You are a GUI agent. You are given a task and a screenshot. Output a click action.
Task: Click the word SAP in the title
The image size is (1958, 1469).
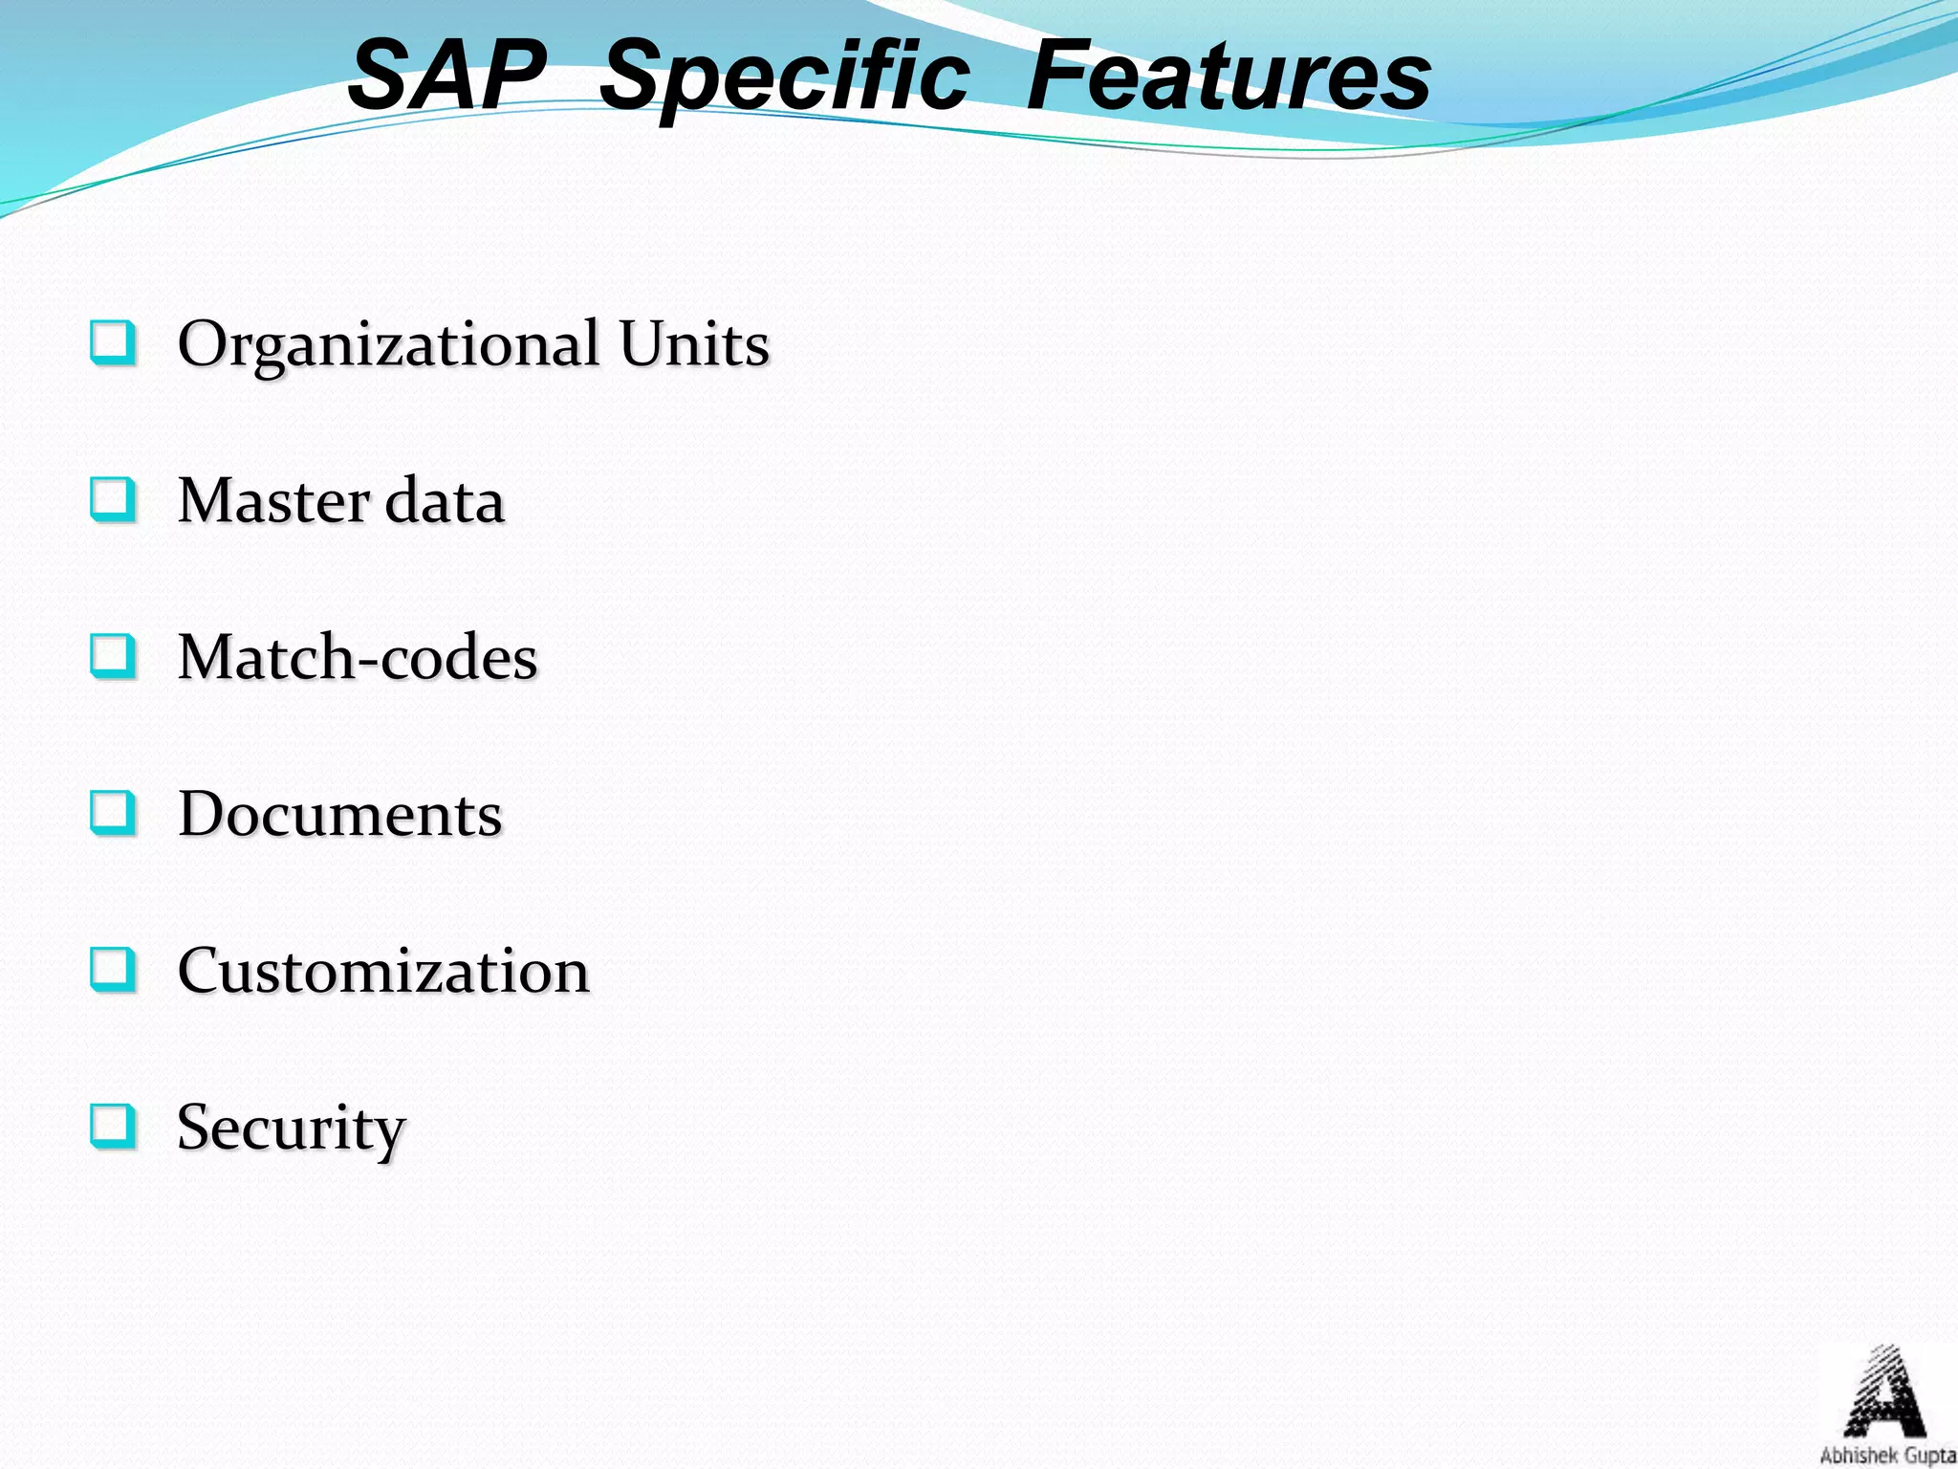tap(446, 77)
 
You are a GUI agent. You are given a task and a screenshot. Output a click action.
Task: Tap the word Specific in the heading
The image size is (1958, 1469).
tap(784, 78)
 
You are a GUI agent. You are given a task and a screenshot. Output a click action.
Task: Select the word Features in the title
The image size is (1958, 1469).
tap(1229, 77)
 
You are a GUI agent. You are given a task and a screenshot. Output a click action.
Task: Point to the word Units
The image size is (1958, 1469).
tap(693, 344)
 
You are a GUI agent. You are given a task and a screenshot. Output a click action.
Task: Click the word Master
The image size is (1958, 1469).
tap(273, 501)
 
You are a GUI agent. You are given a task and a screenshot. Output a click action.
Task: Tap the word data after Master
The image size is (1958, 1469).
tap(444, 501)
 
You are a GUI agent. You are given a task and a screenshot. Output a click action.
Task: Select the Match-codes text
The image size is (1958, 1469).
tap(358, 658)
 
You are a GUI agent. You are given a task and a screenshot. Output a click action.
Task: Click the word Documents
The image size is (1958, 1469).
tap(339, 815)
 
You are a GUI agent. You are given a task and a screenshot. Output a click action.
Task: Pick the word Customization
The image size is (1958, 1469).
tap(383, 972)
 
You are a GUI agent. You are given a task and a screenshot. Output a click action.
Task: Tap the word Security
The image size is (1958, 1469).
tap(292, 1129)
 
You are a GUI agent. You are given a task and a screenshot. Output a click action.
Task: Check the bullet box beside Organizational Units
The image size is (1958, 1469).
tap(113, 342)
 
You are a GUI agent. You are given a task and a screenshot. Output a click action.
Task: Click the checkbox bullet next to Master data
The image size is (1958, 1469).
tap(113, 499)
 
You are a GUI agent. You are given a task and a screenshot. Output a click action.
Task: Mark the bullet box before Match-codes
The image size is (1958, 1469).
tap(113, 656)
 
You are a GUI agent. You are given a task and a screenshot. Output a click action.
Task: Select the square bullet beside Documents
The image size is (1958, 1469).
tap(113, 813)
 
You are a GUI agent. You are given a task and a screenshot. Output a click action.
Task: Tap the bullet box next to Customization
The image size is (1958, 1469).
tap(113, 970)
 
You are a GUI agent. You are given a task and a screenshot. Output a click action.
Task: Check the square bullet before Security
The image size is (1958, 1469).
tap(113, 1127)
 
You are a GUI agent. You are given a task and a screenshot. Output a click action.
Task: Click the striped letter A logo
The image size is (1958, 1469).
tap(1884, 1392)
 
